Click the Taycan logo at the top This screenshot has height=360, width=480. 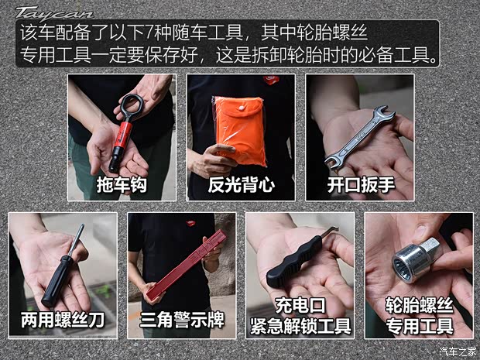54,13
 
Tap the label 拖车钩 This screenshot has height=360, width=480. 121,185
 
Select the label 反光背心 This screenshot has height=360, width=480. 240,185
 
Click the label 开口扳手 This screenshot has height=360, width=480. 358,185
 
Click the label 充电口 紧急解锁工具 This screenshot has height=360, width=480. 300,315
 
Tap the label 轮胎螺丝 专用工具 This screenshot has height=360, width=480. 418,315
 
